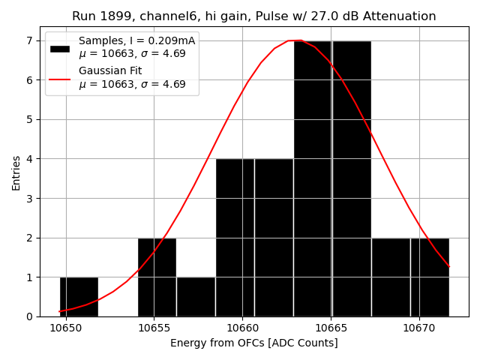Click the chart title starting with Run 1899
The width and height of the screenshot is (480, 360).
(253, 16)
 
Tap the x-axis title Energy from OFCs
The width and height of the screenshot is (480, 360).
(253, 343)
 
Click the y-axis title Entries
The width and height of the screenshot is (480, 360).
(16, 172)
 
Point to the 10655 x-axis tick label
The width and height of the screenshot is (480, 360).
(154, 328)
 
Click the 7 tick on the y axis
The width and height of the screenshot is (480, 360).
(29, 40)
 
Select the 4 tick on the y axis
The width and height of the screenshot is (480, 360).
(29, 159)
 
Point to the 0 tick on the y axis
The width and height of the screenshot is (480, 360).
(29, 316)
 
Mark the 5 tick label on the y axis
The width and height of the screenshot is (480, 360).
(29, 119)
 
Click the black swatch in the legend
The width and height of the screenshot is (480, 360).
(60, 48)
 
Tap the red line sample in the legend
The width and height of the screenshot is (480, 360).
(60, 78)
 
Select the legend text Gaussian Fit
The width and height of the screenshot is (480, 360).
(110, 70)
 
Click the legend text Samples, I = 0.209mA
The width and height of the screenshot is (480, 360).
(136, 41)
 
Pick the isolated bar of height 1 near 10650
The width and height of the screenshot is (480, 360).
(79, 297)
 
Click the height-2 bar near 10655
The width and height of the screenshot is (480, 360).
(157, 277)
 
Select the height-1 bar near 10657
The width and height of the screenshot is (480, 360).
(196, 297)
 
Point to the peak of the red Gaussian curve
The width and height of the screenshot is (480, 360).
(295, 40)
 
